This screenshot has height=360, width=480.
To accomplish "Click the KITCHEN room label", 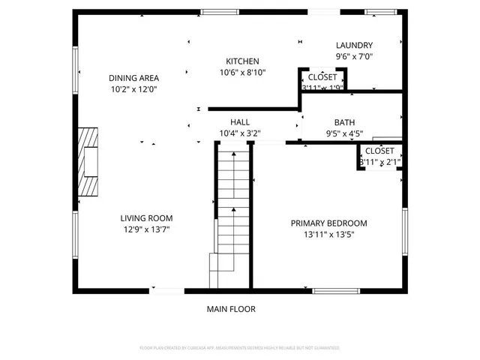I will click(x=242, y=61).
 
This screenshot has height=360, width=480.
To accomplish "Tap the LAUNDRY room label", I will click(x=354, y=45).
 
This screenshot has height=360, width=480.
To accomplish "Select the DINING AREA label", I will click(x=133, y=77).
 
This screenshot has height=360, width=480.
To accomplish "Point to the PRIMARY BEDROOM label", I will click(x=328, y=223).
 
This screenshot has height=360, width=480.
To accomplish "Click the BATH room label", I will click(x=344, y=122).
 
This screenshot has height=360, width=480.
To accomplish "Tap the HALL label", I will click(x=240, y=121).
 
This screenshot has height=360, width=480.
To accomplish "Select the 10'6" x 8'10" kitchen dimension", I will click(x=242, y=73).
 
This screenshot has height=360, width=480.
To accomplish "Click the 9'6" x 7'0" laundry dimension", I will click(x=354, y=56).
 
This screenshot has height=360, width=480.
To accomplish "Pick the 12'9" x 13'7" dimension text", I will click(x=146, y=229).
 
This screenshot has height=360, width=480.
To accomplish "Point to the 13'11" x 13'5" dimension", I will click(x=328, y=234).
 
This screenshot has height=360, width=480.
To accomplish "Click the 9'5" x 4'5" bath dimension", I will click(x=344, y=133).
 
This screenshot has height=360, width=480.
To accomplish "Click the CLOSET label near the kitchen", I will click(x=322, y=76).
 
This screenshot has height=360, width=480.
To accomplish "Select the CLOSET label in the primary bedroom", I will click(x=379, y=151).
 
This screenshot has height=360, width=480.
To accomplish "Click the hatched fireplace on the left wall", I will click(x=88, y=161).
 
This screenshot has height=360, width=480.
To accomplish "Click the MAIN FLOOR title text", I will click(x=231, y=308).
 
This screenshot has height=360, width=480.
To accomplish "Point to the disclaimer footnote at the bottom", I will click(x=240, y=348).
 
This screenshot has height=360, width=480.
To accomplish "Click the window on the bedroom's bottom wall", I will click(x=336, y=290).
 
